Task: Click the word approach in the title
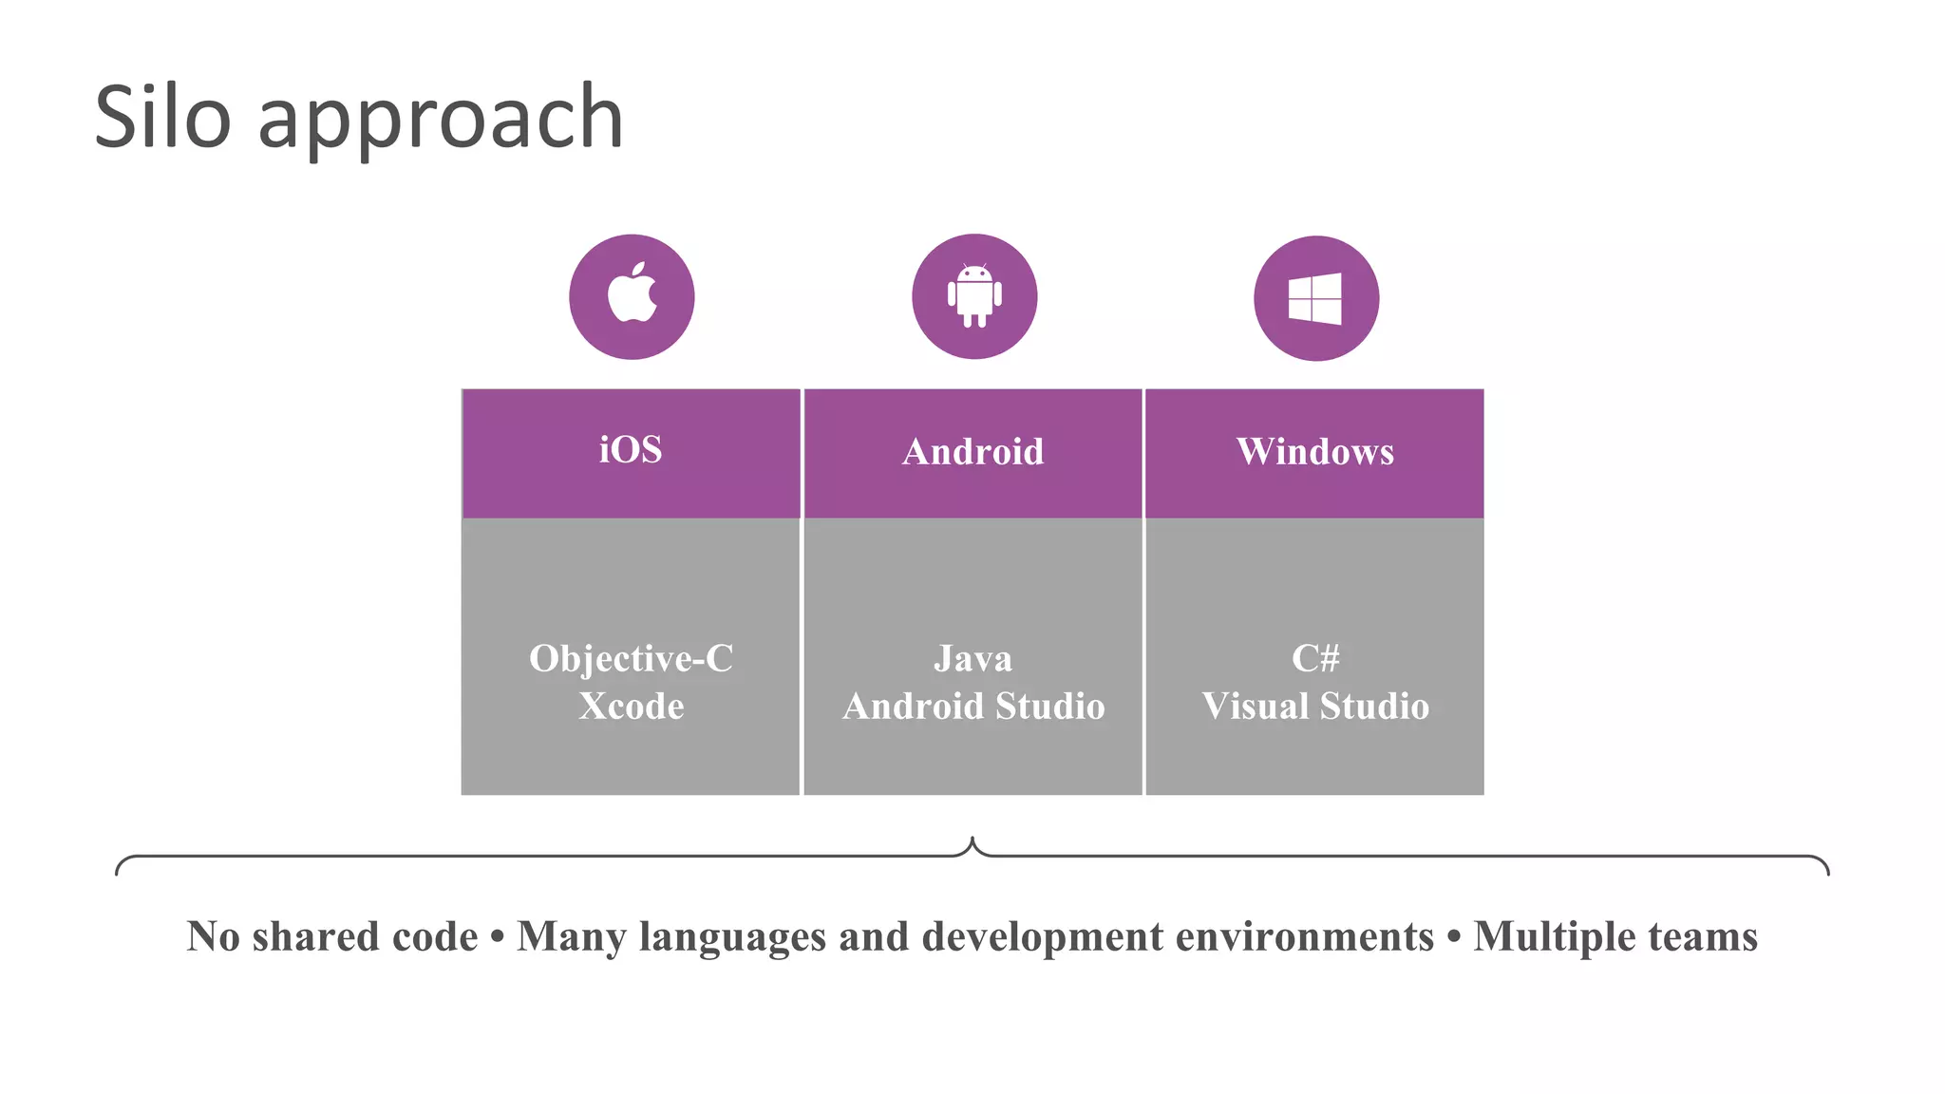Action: point(440,122)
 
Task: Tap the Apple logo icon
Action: point(633,295)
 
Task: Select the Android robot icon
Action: point(974,295)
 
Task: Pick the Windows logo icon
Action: point(1315,298)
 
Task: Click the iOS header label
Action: point(631,450)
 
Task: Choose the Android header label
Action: point(972,452)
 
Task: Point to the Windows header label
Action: point(1315,452)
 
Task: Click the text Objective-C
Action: point(632,659)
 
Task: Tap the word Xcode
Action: point(632,707)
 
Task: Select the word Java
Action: point(972,659)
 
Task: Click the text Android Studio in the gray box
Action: point(973,707)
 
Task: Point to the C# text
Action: point(1315,658)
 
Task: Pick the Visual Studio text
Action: point(1315,707)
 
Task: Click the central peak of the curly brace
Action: point(972,840)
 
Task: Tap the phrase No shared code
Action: point(332,936)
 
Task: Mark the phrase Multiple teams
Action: point(1615,936)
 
